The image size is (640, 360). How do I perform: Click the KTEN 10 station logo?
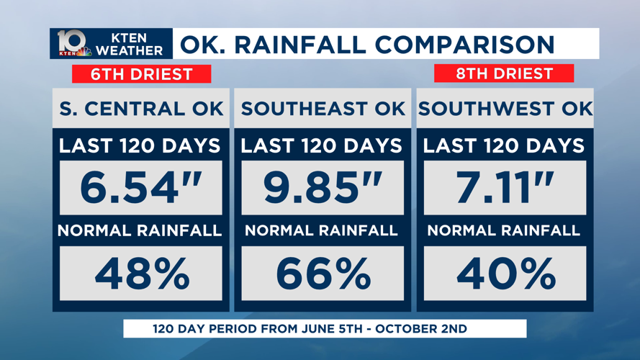click(x=74, y=44)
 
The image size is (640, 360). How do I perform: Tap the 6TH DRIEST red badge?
click(x=141, y=74)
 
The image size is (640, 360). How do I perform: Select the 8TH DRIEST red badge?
click(x=504, y=73)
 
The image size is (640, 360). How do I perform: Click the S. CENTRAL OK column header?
click(x=141, y=109)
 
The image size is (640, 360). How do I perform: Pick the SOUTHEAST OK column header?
click(x=322, y=109)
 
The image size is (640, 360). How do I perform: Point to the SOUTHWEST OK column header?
click(x=505, y=109)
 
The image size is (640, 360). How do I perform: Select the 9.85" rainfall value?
click(x=322, y=188)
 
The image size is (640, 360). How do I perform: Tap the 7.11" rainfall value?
click(x=505, y=188)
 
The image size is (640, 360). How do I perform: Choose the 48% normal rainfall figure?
click(x=141, y=274)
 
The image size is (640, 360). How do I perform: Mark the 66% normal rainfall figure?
click(x=322, y=274)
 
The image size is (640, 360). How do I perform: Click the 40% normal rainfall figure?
click(x=505, y=274)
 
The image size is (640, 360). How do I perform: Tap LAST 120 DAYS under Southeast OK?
click(x=322, y=145)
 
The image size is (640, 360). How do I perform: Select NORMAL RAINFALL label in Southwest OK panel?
click(x=504, y=231)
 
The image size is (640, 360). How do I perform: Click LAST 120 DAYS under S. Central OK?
click(x=140, y=145)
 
